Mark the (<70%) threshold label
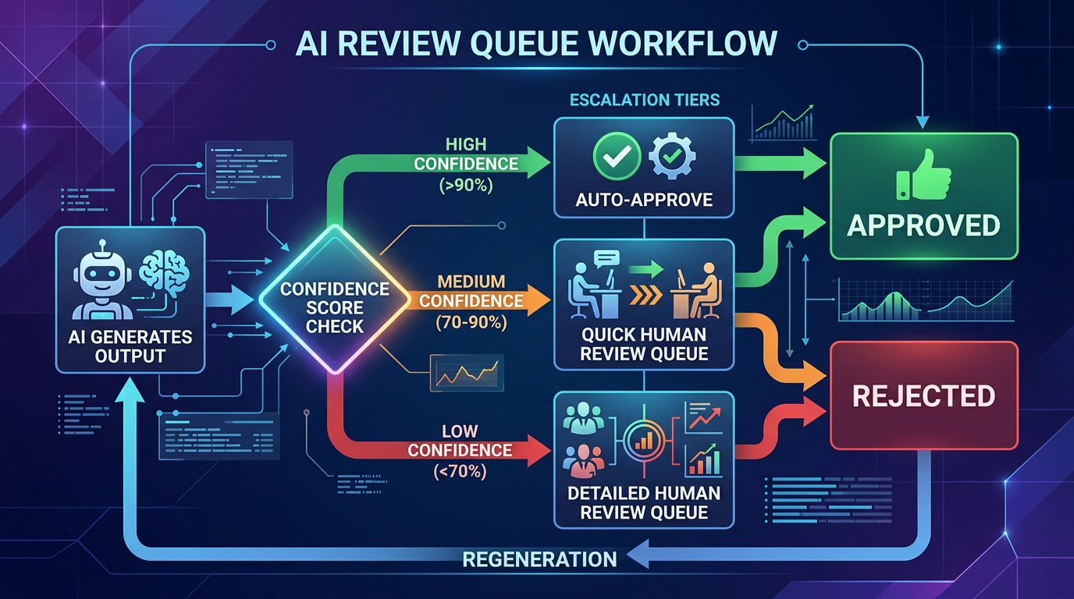pos(460,471)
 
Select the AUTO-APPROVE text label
pos(644,199)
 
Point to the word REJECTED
pos(923,396)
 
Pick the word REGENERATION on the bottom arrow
pos(539,558)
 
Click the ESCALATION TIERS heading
pos(645,100)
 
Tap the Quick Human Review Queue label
pos(644,344)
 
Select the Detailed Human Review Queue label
pos(644,502)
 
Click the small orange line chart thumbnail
pos(467,373)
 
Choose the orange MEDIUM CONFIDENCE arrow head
pos(539,300)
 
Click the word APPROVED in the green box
pos(923,225)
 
